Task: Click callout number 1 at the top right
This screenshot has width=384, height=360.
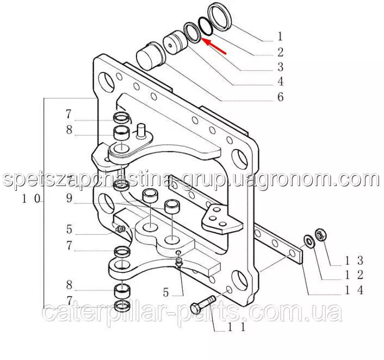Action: coord(280,36)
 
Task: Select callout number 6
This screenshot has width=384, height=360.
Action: coord(281,97)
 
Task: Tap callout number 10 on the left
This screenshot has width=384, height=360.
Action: coord(30,198)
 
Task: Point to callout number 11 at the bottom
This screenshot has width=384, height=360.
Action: coord(236,327)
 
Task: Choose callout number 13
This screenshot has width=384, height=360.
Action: coord(354,261)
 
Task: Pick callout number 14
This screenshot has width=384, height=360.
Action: coord(354,290)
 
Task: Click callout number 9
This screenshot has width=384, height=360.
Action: coord(69,198)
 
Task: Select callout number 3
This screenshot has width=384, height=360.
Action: coord(281,67)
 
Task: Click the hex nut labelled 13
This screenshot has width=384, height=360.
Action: coord(320,235)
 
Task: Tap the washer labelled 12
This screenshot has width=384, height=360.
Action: coord(309,241)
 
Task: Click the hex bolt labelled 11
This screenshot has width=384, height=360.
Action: coord(203,304)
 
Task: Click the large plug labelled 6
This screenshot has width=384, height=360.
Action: coord(151,57)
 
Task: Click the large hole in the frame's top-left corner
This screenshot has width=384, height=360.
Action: coord(106,82)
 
